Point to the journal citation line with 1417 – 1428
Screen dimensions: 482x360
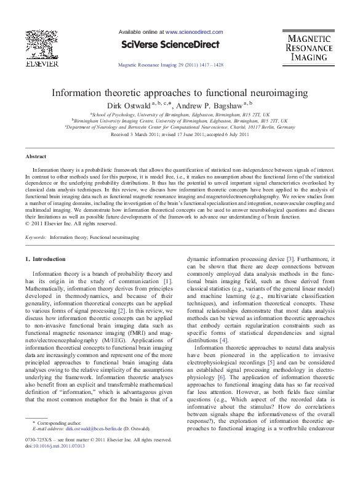coord(169,65)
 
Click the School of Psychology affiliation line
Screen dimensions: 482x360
coord(180,114)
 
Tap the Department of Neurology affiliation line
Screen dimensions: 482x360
coord(180,127)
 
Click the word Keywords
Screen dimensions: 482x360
coord(35,236)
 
